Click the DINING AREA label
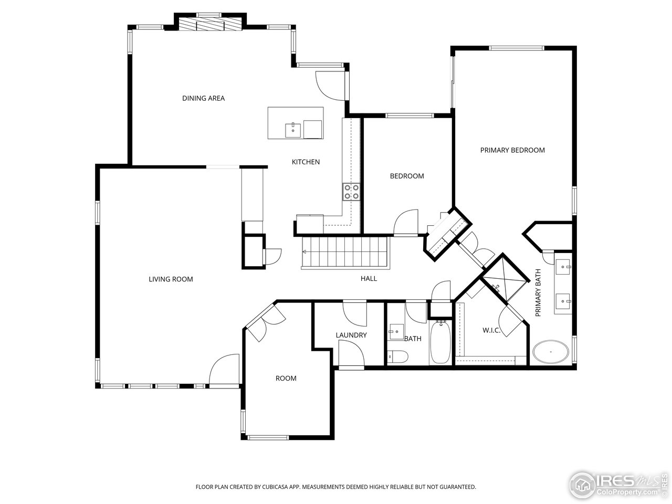tap(203, 98)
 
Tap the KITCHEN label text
tap(306, 162)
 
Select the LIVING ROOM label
tap(171, 279)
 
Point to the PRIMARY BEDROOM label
tap(512, 150)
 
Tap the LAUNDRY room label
tap(351, 335)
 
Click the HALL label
tap(369, 279)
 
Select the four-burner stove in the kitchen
tap(351, 192)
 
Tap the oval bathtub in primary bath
tap(550, 352)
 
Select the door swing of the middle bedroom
tap(405, 223)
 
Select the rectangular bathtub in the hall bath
tap(440, 344)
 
